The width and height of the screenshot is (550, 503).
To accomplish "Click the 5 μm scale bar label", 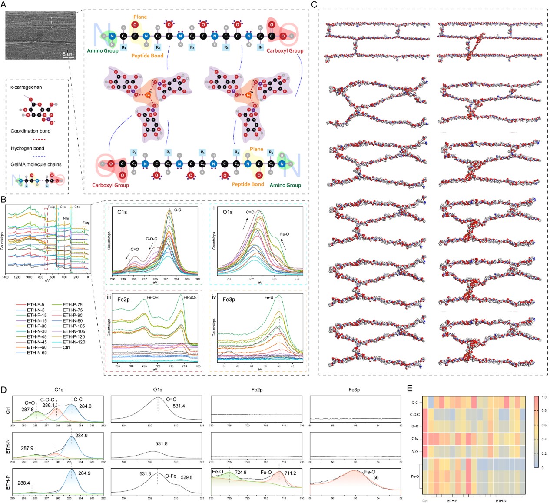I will (x=68, y=54).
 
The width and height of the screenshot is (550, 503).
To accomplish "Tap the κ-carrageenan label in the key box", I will (x=26, y=87).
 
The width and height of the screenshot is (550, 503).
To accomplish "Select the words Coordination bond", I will (x=30, y=131).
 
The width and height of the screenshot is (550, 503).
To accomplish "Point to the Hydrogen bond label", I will (x=27, y=148).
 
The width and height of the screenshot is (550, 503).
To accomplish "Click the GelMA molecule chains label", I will (x=36, y=164).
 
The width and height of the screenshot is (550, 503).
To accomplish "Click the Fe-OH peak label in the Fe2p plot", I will (x=152, y=298).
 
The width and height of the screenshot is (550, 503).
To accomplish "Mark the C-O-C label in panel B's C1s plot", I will (x=152, y=239).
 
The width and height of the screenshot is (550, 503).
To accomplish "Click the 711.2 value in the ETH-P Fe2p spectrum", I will (x=290, y=473).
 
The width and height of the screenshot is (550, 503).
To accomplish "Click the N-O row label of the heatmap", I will (x=415, y=451).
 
